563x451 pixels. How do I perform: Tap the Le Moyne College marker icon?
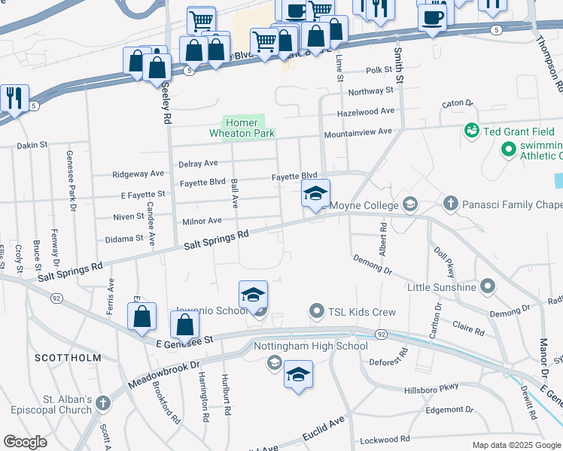tap(410, 204)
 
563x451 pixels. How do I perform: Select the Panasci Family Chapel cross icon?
tap(450, 204)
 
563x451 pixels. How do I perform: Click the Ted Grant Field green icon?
tap(472, 131)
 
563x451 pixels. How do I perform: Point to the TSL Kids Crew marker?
tap(317, 311)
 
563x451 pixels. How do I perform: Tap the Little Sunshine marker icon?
tap(488, 286)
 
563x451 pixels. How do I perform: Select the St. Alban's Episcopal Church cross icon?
tap(103, 404)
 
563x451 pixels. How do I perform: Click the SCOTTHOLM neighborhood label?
tap(68, 359)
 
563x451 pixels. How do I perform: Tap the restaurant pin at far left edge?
tap(14, 98)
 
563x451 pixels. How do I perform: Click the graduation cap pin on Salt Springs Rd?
tap(315, 194)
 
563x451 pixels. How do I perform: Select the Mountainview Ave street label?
tap(358, 132)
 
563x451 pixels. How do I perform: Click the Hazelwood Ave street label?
tap(366, 110)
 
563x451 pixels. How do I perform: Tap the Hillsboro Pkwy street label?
tap(452, 387)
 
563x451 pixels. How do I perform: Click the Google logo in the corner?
tap(26, 442)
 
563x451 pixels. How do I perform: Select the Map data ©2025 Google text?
tap(516, 445)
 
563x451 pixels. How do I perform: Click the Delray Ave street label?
tap(198, 163)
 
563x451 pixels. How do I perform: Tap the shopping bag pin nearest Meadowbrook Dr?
tap(185, 325)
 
